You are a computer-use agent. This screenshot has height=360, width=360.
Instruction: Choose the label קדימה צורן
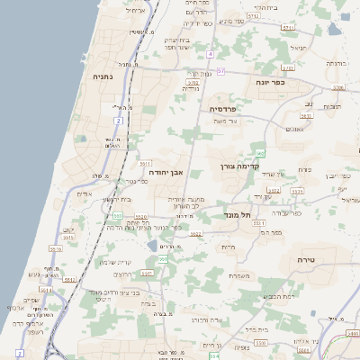[x=238, y=166]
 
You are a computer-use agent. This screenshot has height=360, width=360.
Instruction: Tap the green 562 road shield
[x=259, y=155]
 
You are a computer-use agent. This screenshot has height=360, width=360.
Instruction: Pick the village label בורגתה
[x=335, y=65]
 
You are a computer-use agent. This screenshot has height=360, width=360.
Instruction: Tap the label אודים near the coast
[x=84, y=193]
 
